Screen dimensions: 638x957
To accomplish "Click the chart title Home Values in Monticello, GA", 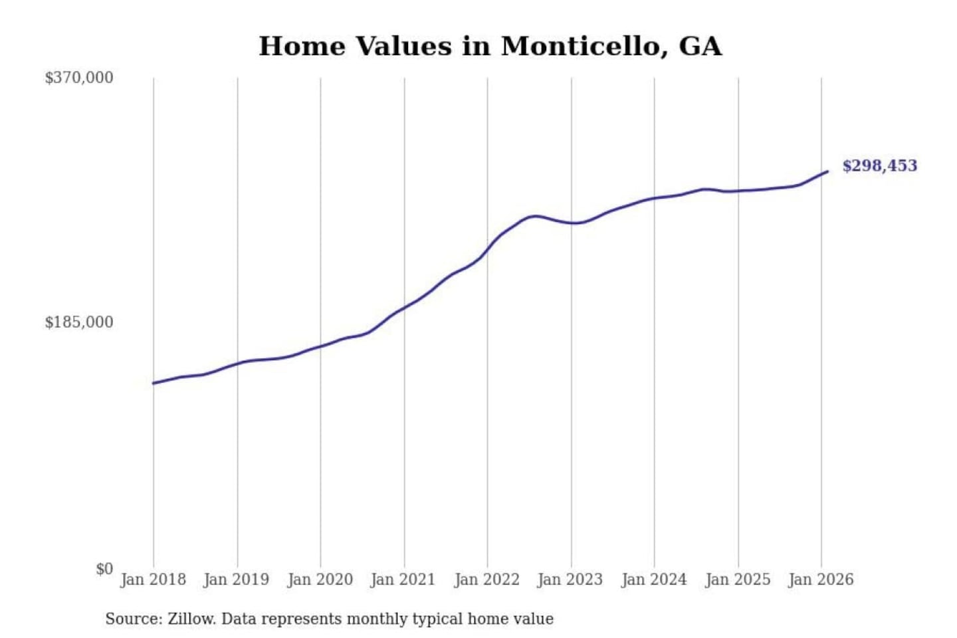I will (490, 47).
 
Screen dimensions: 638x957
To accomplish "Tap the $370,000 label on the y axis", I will (79, 78).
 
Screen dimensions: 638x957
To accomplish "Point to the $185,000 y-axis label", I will (79, 322).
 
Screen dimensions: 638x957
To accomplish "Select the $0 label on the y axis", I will (104, 569).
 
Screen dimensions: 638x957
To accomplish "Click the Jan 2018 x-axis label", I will (153, 580).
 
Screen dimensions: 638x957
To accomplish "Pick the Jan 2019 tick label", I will (237, 580).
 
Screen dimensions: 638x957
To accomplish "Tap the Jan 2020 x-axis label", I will (320, 580).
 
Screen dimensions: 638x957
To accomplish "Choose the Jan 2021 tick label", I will (403, 580).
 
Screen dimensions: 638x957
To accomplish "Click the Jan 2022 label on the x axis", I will (486, 580).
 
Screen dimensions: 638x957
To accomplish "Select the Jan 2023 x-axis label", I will (570, 580).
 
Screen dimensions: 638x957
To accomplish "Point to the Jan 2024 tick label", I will (654, 580).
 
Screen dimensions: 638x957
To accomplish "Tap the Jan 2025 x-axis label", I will (738, 580).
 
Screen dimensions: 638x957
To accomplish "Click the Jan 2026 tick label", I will (821, 580).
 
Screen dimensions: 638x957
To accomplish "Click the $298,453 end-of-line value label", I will (879, 166).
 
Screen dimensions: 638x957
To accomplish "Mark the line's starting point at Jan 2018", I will (154, 383).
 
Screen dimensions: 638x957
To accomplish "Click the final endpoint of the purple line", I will (827, 171).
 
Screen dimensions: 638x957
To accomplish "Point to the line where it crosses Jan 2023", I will (571, 223).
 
